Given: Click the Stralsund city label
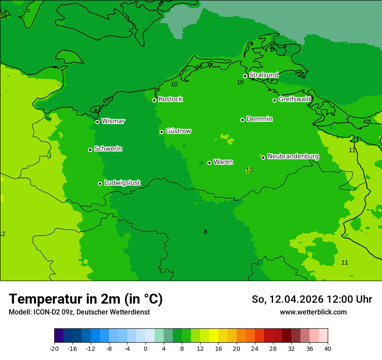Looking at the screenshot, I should point(263,75).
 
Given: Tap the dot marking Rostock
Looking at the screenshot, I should point(154,100).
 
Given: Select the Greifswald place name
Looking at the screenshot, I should point(295,99).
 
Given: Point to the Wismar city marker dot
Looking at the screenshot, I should point(97,122).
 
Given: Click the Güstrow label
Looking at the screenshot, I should point(178,131).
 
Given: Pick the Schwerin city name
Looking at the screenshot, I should point(108,149).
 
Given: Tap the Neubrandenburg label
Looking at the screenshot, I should point(293,157).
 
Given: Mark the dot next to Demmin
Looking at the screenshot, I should point(242,120).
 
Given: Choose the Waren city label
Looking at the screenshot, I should point(223,162).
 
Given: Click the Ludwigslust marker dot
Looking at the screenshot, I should point(100,183).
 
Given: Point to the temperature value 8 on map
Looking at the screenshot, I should point(205,232).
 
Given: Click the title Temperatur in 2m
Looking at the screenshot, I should point(86,299).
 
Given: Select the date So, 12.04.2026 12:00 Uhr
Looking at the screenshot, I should point(312,299).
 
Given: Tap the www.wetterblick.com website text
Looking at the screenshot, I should point(313,312).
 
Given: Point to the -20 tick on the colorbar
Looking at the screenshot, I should point(54,348).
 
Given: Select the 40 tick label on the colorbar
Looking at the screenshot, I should point(328,348).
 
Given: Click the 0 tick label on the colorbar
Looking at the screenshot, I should point(145,348).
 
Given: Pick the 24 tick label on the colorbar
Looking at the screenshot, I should point(255,348).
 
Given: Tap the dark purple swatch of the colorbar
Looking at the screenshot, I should point(59,336).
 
